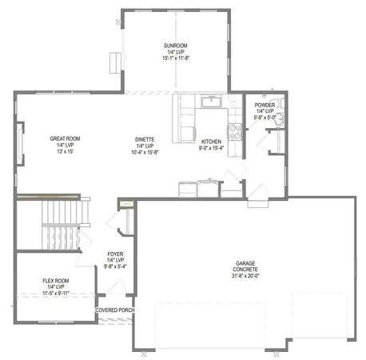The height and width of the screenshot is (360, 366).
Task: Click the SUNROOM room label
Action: tap(175, 46)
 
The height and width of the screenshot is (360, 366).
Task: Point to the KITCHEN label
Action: tap(210, 139)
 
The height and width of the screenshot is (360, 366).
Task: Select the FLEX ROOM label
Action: tap(56, 281)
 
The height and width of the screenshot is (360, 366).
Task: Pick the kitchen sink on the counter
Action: tap(212, 102)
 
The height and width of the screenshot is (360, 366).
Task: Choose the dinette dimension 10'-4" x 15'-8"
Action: tap(145, 153)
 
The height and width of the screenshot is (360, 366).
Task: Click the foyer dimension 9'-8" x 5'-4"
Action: tap(116, 267)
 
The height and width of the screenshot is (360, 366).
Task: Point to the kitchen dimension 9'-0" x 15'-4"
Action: tap(210, 147)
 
